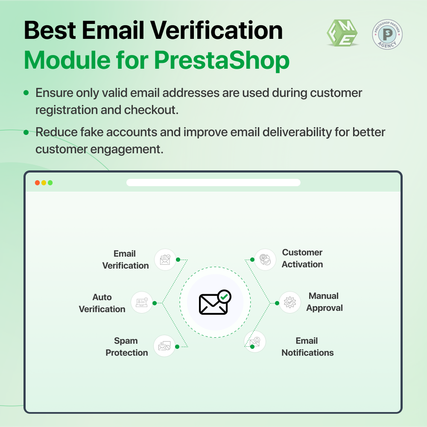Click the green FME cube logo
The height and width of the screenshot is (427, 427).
pos(342,34)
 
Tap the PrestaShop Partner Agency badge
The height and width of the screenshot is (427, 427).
pos(387,34)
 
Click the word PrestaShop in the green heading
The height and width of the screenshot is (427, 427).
pos(222,61)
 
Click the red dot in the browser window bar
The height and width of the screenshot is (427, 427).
pos(38,183)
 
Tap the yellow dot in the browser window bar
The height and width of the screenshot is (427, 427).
pos(44,183)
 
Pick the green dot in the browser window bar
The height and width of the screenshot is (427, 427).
pos(50,183)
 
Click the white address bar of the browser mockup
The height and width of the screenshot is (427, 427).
pos(213,183)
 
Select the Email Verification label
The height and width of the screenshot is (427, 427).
pos(125,260)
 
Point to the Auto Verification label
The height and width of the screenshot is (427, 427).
pos(102,303)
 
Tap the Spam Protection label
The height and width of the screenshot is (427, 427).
pos(126,347)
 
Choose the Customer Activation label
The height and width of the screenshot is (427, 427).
pos(302,258)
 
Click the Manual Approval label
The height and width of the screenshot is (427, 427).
pos(324,302)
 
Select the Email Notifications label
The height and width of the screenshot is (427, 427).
pos(307,347)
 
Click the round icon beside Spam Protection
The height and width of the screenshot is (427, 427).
pos(164,346)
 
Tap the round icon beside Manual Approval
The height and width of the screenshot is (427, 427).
pos(290,302)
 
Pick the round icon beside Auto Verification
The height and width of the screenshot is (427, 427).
pos(142,302)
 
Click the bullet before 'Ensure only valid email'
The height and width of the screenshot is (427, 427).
pos(26,93)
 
